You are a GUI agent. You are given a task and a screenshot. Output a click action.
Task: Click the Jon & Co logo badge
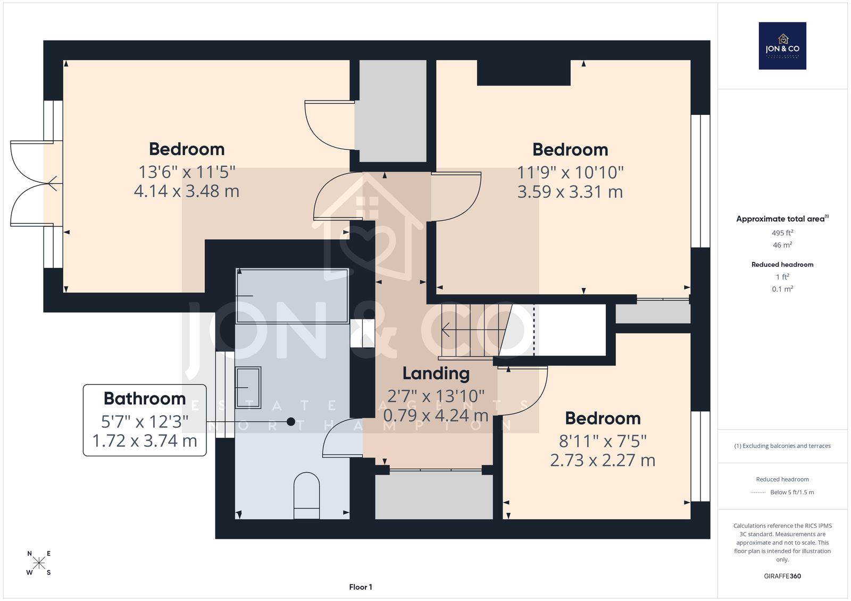coord(782,46)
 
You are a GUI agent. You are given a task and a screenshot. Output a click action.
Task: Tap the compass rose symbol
coord(39,563)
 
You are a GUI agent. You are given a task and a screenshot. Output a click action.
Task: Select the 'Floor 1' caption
coord(361,587)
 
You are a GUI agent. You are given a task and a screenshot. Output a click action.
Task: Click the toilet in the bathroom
coord(306,495)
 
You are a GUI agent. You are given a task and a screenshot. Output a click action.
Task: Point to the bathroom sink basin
coord(248,387)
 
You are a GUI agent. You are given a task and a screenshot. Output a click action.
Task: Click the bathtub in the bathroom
coord(292,296)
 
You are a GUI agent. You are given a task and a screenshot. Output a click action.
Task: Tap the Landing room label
coord(436,374)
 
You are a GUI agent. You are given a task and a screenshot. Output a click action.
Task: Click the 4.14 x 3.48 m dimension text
coord(187,191)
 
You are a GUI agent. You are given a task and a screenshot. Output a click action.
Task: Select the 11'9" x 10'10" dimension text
coord(570,173)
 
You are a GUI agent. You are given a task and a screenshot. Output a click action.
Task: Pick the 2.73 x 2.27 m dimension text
coord(603,461)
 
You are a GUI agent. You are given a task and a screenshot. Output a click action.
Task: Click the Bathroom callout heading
coord(145,399)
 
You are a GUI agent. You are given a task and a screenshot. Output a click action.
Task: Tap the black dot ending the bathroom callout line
coord(291,421)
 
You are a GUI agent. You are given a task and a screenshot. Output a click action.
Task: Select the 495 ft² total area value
coord(782,233)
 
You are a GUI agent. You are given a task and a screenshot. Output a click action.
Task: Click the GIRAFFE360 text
coord(782,576)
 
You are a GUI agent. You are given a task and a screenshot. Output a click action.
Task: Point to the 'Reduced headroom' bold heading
coord(782,265)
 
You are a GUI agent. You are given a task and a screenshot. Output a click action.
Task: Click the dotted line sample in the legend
coord(758,493)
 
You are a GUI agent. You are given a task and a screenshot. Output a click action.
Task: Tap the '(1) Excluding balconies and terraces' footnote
coord(782,446)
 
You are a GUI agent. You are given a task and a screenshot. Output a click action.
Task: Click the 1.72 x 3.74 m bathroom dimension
coord(145,441)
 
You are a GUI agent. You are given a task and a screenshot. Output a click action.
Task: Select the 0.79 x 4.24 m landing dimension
coord(436,416)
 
